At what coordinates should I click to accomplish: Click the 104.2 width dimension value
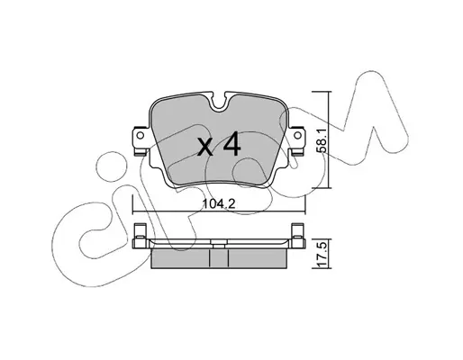coord(219,204)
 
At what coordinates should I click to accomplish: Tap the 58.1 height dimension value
coord(322,141)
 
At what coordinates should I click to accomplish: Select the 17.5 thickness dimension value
coord(322,255)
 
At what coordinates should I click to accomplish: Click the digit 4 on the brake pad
coord(231,144)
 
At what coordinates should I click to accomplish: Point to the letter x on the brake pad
coord(206,148)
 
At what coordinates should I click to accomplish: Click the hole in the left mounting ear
coord(140,136)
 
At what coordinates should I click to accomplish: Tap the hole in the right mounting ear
coord(297,136)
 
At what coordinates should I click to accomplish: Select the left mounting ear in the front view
coord(141,140)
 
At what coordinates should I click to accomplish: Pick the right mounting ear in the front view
coord(296,140)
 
